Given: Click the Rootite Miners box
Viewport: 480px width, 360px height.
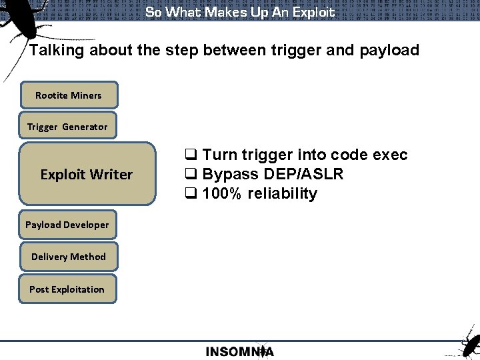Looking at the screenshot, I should click(x=69, y=95).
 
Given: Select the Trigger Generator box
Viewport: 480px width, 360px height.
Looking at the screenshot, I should click(x=67, y=127).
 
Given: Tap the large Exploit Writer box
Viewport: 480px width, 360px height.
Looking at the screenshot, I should click(x=86, y=175).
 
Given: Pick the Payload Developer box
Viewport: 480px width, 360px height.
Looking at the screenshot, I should click(x=67, y=225).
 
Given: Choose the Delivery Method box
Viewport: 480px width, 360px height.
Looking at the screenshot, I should click(x=68, y=257).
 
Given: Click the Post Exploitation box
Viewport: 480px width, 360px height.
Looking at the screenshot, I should click(x=67, y=289).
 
